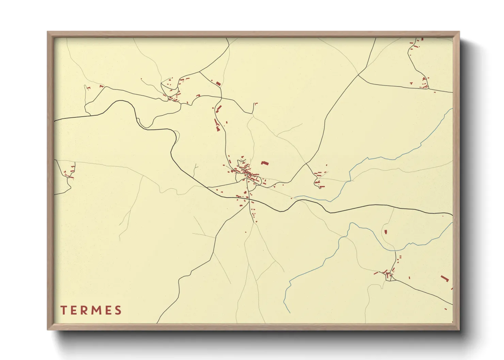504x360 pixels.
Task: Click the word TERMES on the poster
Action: click(91, 310)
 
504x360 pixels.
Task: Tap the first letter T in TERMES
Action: click(63, 310)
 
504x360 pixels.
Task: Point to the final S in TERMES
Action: click(118, 310)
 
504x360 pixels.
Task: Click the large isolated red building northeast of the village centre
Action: click(265, 163)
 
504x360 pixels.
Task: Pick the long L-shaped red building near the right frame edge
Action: click(444, 278)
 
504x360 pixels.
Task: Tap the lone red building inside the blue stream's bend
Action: click(386, 232)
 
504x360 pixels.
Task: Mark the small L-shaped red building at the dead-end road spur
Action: click(256, 103)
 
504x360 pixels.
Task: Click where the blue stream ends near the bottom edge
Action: click(290, 313)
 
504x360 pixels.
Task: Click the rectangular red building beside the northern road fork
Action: click(218, 83)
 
